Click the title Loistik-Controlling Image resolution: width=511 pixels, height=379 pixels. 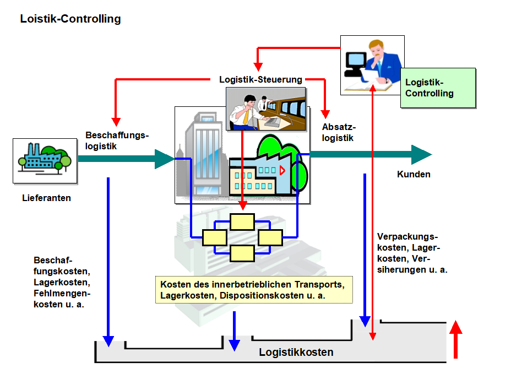[70, 19]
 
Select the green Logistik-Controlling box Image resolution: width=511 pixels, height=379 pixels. [438, 88]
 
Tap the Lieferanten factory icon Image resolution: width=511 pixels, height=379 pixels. [45, 160]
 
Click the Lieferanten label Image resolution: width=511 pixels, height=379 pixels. [46, 198]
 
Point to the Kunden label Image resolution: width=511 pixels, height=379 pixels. [414, 175]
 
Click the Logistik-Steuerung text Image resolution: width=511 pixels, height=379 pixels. [260, 79]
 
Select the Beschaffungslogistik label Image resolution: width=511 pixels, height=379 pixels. [117, 140]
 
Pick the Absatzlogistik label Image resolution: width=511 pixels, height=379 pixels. [338, 133]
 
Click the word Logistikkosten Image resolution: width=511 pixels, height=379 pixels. [296, 352]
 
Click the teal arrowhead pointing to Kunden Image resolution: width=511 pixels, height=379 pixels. [421, 155]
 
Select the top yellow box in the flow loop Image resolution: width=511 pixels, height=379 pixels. [242, 221]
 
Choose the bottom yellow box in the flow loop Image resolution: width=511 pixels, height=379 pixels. [242, 253]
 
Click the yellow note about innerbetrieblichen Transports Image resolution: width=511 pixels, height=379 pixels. [253, 290]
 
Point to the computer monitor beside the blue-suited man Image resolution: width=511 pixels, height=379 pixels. [355, 61]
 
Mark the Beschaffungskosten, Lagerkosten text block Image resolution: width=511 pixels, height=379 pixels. [62, 282]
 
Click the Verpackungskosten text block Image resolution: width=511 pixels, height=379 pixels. [412, 253]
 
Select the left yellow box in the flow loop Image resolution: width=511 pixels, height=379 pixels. [214, 237]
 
